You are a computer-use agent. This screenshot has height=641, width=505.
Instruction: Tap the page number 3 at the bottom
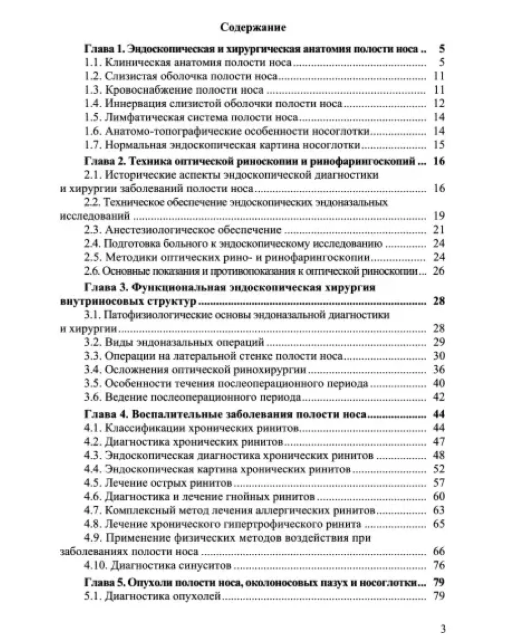pos(443,629)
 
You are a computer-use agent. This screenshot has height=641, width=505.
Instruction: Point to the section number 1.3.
pos(93,89)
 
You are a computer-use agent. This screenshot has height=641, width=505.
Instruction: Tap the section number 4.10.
pos(95,567)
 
